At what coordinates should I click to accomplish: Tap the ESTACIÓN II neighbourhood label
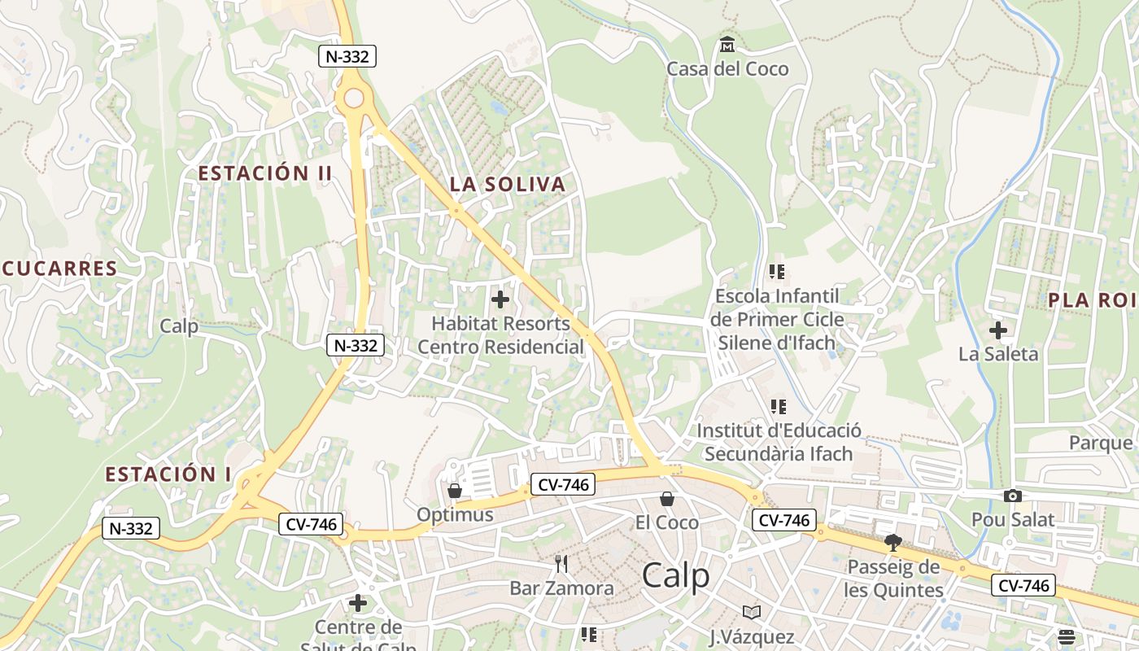coord(265,173)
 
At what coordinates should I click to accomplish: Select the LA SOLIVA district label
coord(507,184)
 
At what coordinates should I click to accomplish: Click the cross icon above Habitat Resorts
coord(500,299)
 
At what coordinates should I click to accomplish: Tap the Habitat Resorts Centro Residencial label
coord(500,335)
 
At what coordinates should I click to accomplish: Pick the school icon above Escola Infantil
coord(777,271)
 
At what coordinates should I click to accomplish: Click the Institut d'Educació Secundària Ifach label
coord(779,442)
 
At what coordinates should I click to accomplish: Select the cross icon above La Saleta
coord(998,330)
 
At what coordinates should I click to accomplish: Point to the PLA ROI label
coord(1091,299)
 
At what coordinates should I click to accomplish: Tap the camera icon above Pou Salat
coord(1013,496)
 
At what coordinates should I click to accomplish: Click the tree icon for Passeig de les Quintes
coord(893,542)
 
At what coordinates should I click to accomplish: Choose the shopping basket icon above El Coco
coord(667,498)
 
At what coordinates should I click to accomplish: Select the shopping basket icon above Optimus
coord(455,491)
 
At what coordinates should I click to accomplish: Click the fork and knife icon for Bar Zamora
coord(561,563)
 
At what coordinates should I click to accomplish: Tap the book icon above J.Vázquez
coord(752,612)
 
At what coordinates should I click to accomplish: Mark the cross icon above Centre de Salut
coord(358,603)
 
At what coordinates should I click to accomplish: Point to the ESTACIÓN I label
coord(168,474)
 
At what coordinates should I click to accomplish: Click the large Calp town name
coord(675,575)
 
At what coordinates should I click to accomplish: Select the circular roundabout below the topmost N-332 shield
coord(354,98)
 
